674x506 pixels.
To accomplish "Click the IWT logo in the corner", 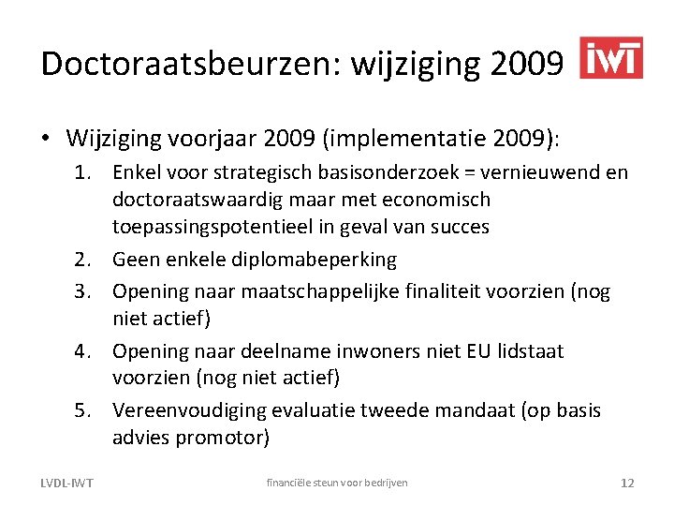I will (611, 58).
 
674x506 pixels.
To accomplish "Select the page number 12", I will (627, 483).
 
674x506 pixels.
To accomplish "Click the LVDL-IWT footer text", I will (66, 483).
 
